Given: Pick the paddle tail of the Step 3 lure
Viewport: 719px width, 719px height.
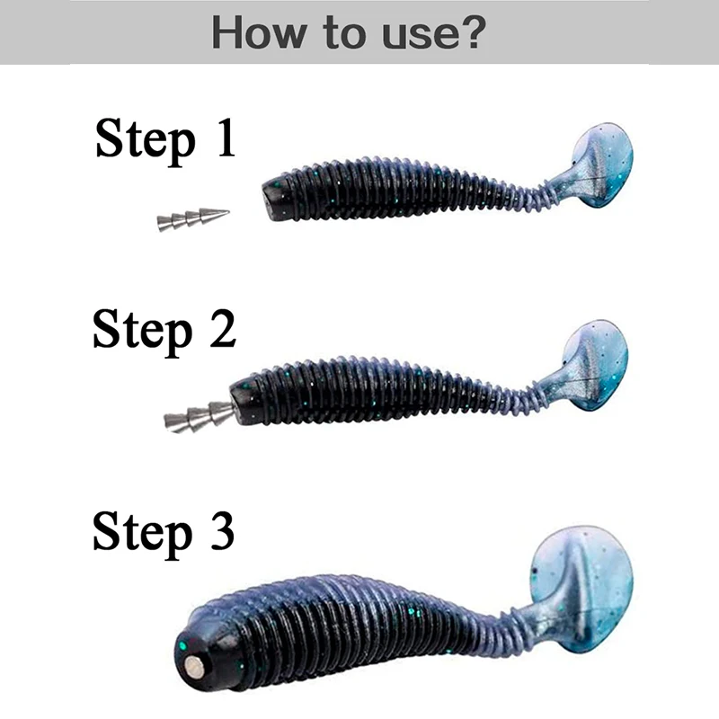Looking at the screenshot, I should pos(584,584).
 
